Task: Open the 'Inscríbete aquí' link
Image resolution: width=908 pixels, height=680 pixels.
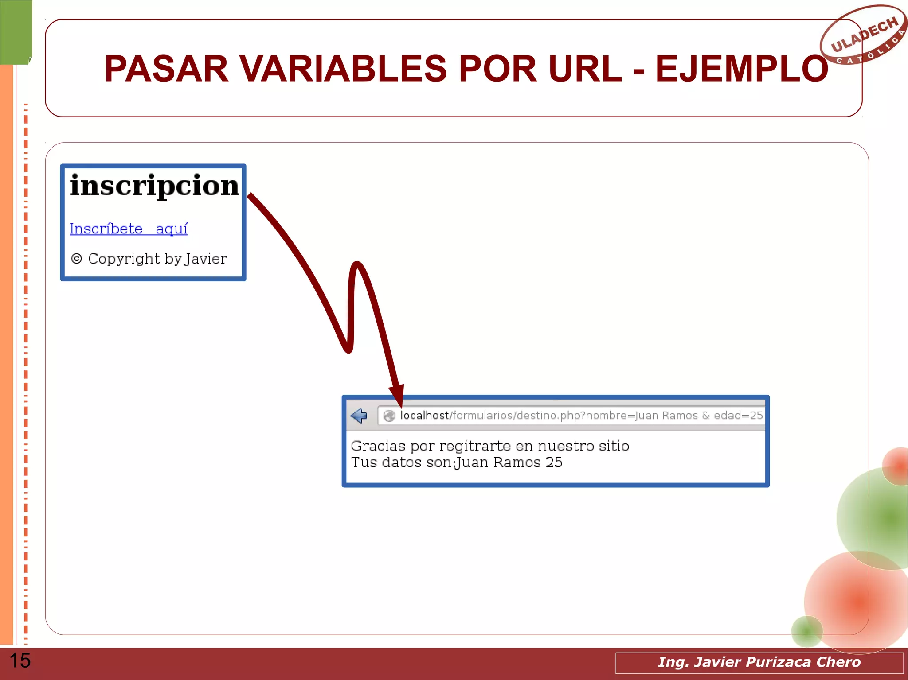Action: pos(129,229)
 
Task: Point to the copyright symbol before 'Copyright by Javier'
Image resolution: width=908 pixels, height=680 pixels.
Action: pos(77,259)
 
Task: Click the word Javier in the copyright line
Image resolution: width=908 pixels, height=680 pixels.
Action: pos(206,259)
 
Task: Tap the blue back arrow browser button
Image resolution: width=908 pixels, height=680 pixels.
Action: pos(359,416)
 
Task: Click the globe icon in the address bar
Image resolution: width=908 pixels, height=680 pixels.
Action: pos(389,416)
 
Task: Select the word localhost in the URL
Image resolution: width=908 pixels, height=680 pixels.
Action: pos(424,416)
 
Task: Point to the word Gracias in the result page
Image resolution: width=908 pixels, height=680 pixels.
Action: pos(378,446)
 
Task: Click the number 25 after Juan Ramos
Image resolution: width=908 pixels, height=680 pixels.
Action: pos(554,462)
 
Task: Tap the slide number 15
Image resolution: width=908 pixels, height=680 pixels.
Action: pos(20,661)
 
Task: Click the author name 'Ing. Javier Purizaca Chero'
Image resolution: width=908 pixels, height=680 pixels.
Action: pos(759,662)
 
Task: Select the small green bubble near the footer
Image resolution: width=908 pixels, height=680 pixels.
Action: pos(806,631)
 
